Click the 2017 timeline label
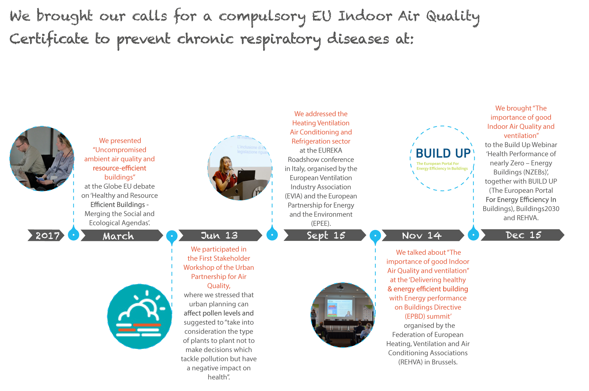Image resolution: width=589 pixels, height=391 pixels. click(x=46, y=235)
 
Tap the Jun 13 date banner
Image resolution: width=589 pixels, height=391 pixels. click(x=220, y=235)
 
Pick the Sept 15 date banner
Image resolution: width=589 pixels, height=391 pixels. click(x=325, y=235)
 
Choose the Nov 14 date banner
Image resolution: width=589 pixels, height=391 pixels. click(x=423, y=235)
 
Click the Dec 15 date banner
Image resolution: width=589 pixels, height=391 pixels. click(x=523, y=235)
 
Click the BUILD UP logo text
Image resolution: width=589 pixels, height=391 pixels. click(x=443, y=153)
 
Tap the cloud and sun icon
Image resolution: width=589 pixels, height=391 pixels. click(x=139, y=316)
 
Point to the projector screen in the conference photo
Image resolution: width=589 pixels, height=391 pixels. click(x=340, y=308)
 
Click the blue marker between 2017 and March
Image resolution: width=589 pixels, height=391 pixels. click(x=73, y=235)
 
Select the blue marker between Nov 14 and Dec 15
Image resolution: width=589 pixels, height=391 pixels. click(x=473, y=234)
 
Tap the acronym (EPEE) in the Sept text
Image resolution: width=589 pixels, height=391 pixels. click(x=321, y=224)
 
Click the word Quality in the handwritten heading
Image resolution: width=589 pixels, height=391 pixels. click(x=453, y=17)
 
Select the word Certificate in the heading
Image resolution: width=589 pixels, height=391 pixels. click(x=49, y=39)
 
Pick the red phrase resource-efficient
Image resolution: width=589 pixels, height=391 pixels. click(x=119, y=168)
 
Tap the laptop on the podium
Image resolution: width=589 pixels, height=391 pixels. click(x=246, y=177)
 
